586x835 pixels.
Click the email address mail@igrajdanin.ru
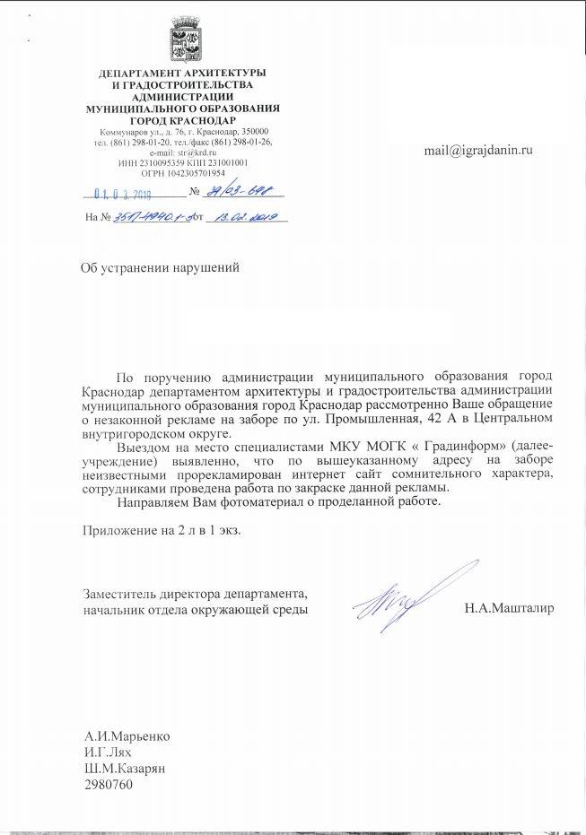(478, 150)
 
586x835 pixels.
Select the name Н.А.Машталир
(509, 609)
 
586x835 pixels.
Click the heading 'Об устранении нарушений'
(160, 267)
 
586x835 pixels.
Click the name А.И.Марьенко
(127, 736)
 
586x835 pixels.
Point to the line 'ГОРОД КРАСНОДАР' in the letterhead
(183, 119)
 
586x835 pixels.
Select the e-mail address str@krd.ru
(197, 152)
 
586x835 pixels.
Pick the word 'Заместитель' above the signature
(117, 594)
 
